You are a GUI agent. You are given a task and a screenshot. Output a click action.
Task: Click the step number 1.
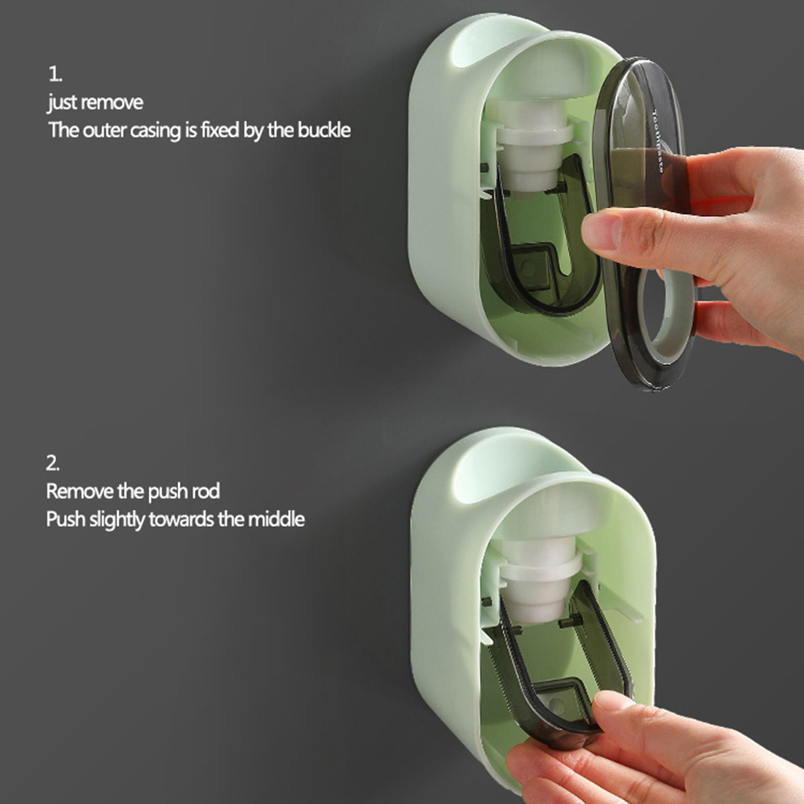pos(55,75)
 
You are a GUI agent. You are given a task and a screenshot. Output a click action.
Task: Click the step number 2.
pos(52,463)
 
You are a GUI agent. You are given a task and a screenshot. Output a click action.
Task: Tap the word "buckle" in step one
pos(324,130)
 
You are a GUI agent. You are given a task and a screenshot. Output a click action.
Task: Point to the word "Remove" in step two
pos(79,491)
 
